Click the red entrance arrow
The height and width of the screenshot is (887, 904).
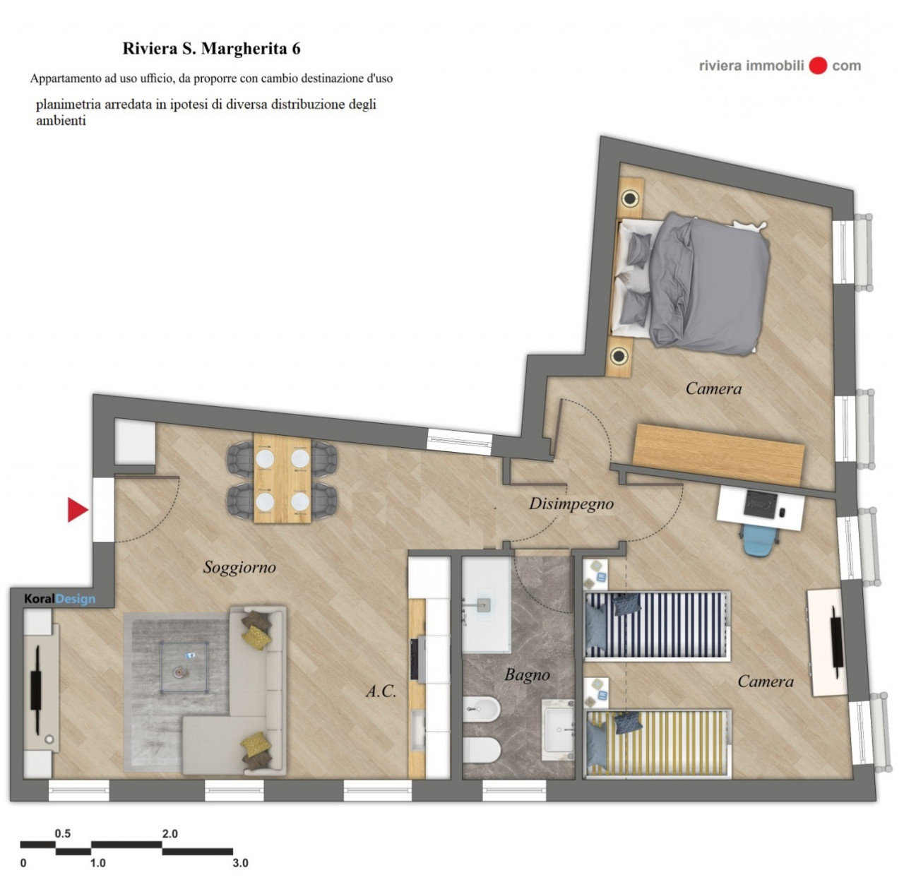tap(78, 509)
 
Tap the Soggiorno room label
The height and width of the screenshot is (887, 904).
tap(239, 568)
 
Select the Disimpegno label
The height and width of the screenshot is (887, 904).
tap(571, 504)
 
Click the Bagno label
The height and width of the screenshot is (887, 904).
tap(528, 675)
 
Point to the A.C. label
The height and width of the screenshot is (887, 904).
tap(381, 691)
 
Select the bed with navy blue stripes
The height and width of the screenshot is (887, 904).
tap(658, 625)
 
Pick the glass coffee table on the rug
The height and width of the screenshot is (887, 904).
tap(184, 667)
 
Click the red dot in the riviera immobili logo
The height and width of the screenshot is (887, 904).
tap(818, 66)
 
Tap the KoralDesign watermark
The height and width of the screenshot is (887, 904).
tap(59, 599)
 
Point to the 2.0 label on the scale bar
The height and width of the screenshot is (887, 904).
tap(169, 834)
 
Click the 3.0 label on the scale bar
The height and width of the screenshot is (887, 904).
tap(240, 862)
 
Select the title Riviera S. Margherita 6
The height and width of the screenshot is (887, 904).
tap(212, 48)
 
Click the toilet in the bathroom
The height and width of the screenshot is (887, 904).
tap(482, 751)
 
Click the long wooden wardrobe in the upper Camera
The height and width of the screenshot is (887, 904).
tap(718, 454)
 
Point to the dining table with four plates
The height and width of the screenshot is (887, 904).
tap(282, 478)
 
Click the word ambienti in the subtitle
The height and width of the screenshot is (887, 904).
tap(61, 121)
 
